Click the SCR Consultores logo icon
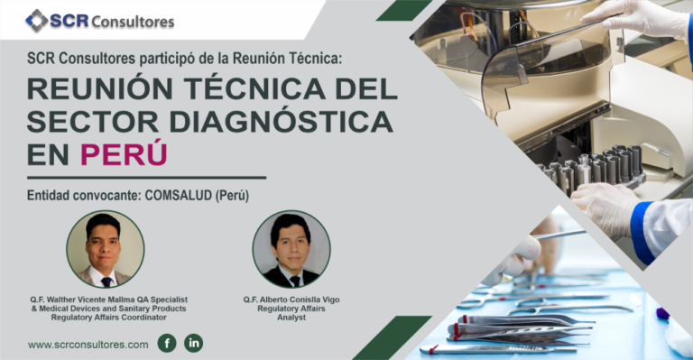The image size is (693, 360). coord(37,20)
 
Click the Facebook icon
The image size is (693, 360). coord(166,343)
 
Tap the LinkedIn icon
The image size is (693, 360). coord(194,343)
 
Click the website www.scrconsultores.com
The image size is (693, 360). coord(88,344)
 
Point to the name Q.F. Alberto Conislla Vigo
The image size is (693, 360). coord(291,299)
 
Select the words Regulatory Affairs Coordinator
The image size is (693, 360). coord(107,318)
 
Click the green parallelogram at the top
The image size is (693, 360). coord(402,10)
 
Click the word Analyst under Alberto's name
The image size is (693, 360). coord(292,318)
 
